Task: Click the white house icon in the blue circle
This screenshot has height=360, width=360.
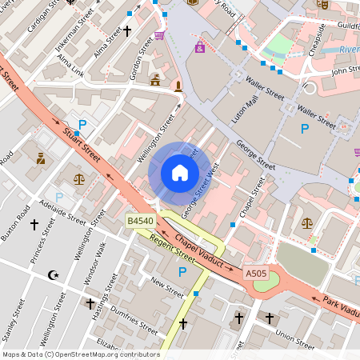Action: [179, 173]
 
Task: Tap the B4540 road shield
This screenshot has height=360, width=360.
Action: [141, 221]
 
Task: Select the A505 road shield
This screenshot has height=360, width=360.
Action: [256, 274]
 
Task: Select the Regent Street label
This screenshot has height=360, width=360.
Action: [172, 248]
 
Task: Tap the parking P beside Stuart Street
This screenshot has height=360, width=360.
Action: [82, 125]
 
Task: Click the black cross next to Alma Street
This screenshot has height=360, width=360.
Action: [126, 31]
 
